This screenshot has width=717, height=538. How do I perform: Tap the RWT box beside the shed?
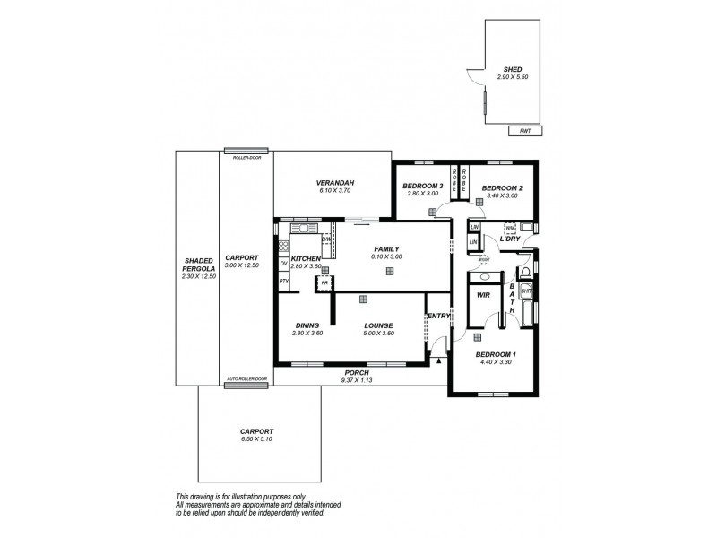click(524, 131)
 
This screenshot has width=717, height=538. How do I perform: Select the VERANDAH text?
click(332, 182)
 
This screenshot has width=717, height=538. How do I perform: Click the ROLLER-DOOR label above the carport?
click(246, 157)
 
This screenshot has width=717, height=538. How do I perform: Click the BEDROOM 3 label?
click(421, 187)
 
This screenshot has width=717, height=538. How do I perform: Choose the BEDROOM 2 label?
click(502, 187)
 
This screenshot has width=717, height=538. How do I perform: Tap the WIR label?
click(483, 294)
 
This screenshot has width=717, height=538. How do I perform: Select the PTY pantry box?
click(283, 282)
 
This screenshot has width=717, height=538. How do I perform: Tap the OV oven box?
click(283, 263)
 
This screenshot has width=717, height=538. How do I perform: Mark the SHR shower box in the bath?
click(526, 292)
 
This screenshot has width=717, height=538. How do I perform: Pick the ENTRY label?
click(438, 316)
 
